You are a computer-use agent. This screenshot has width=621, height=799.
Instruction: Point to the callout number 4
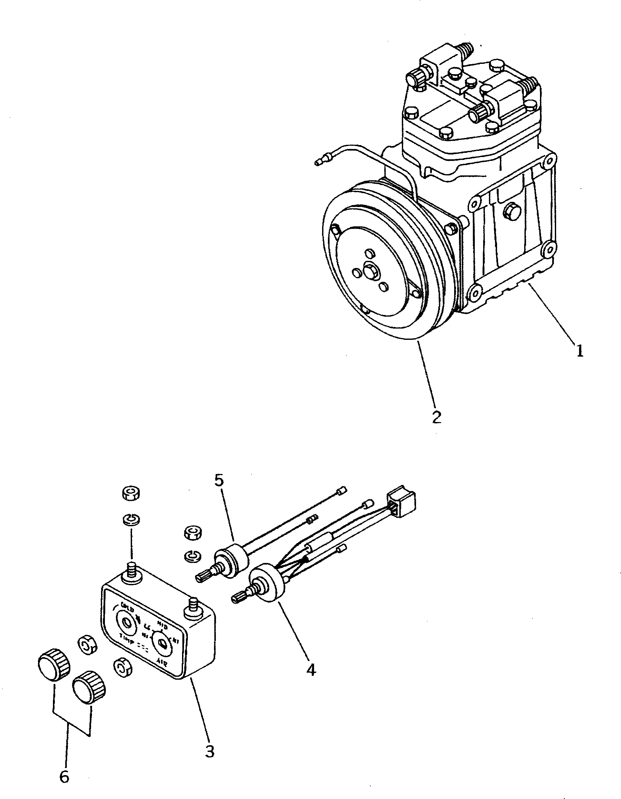click(311, 669)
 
